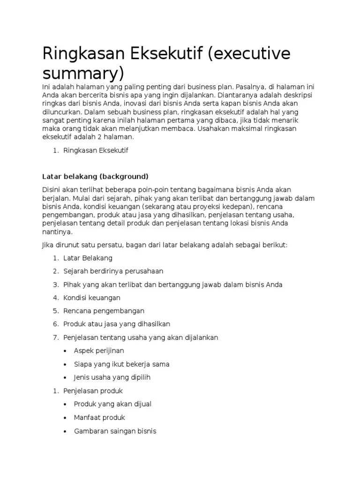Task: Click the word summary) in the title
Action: [83, 74]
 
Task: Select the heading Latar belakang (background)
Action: [95, 176]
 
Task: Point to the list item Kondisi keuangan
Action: [92, 298]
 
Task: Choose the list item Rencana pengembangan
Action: [104, 311]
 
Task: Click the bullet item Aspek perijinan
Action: [99, 351]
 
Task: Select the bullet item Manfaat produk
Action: [99, 417]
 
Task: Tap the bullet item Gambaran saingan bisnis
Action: [115, 431]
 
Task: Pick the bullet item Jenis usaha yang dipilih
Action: [112, 377]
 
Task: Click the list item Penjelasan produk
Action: [93, 390]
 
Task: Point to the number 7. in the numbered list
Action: [55, 337]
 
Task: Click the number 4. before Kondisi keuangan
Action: [55, 298]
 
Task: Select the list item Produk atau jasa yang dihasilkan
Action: [117, 324]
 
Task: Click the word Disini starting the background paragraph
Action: [52, 189]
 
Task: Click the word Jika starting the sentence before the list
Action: [48, 245]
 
